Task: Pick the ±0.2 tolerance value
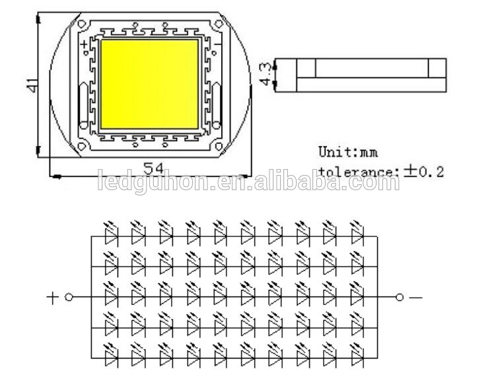423,172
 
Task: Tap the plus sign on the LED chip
85,46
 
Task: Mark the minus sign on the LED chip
218,46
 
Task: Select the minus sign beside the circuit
415,297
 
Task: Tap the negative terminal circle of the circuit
399,297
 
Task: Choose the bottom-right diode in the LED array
357,357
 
